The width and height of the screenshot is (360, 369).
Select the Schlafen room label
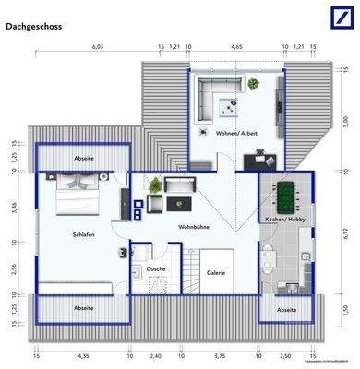pos(83,234)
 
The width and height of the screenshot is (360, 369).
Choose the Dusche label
pos(156,268)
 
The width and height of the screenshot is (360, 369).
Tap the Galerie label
pos(217,272)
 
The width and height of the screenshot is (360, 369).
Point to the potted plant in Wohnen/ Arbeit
pos(253,84)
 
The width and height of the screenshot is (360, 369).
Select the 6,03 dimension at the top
pos(97,45)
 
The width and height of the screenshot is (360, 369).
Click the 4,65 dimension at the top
pos(236,45)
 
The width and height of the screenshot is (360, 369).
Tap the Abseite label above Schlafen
pos(82,158)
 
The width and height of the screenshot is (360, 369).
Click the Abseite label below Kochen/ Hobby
pos(287,310)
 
